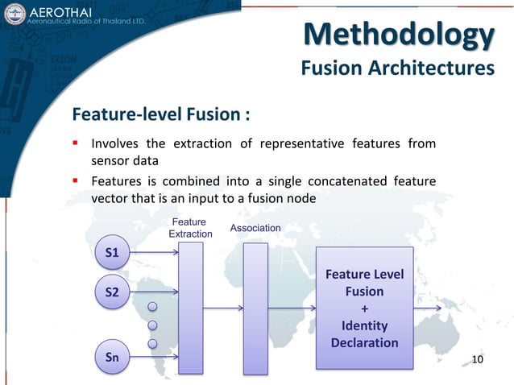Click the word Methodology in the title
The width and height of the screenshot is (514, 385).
399,35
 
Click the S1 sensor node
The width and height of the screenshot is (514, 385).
113,253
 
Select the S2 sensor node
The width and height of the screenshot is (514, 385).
113,293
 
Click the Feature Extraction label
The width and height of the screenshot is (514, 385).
189,227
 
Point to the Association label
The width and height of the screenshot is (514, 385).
255,228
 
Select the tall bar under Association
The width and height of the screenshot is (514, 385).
255,308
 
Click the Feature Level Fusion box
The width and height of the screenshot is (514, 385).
364,308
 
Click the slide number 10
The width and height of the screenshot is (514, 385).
477,358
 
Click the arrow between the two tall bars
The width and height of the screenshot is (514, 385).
222,308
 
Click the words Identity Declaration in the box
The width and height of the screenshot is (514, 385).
364,334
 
